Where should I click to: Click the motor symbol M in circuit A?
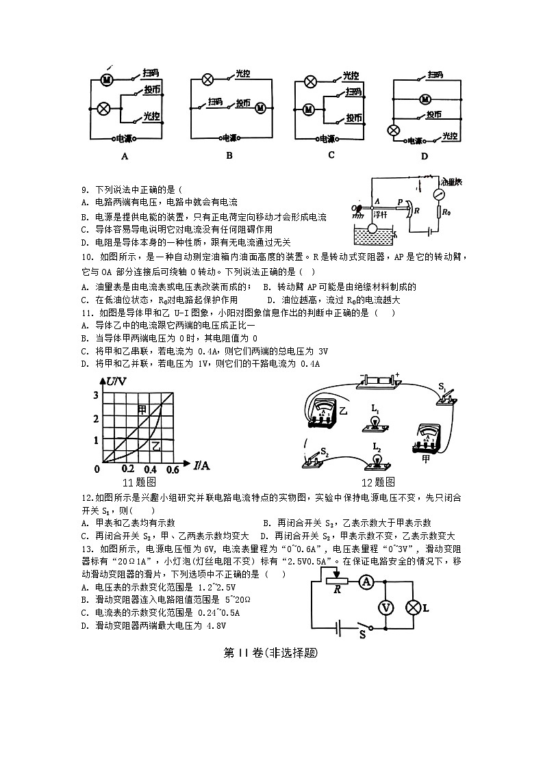pos(107,80)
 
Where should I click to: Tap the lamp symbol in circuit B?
pos(207,80)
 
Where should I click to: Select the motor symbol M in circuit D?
pos(425,99)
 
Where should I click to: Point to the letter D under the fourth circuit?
pos(424,157)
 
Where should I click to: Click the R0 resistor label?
pos(447,213)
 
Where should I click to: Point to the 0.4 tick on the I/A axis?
pos(149,469)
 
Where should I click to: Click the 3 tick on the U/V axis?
pos(97,393)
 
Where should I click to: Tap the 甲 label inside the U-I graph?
pos(142,409)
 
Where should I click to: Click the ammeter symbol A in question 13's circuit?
pos(367,582)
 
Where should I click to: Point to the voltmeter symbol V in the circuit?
pos(386,607)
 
